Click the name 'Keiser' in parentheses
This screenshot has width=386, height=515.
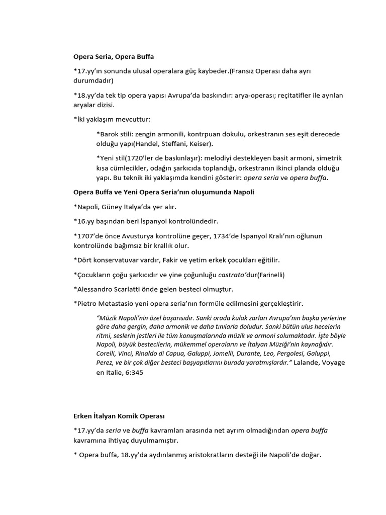click(x=186, y=143)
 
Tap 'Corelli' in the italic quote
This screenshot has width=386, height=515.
click(x=106, y=353)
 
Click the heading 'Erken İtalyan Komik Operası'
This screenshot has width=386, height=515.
click(x=119, y=416)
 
